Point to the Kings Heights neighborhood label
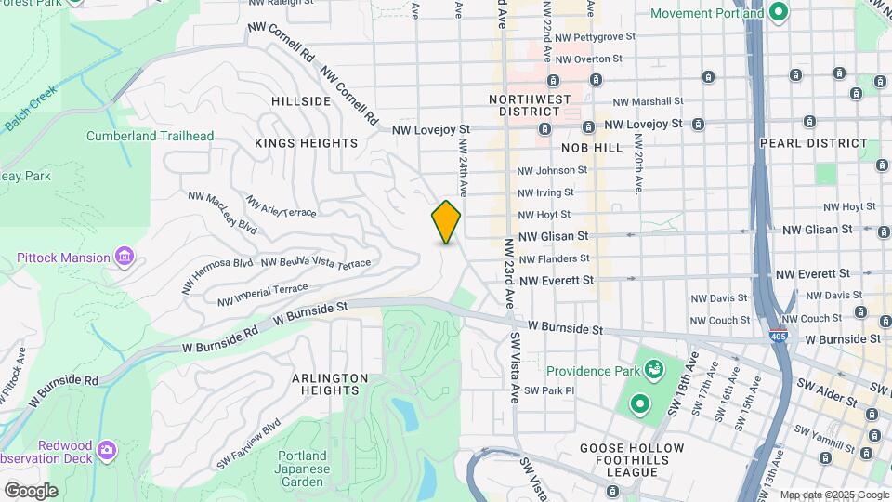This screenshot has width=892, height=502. coord(306,143)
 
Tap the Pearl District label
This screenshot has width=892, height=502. coord(813,144)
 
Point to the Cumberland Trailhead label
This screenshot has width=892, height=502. coord(150,136)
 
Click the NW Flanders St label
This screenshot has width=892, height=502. coord(555,258)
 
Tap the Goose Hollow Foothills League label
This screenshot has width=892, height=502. coord(632,459)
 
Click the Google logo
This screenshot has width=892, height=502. coord(31,490)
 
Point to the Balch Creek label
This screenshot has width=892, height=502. coord(31,108)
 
